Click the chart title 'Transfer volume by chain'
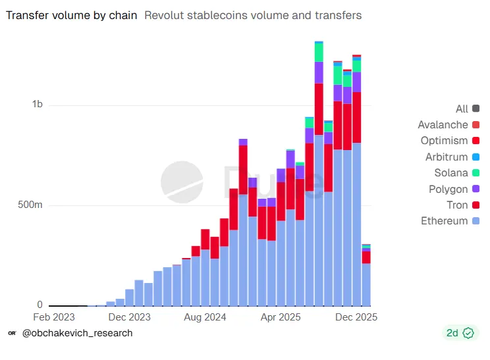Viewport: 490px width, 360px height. (x=72, y=15)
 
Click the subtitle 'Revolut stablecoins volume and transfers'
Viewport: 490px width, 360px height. (x=252, y=15)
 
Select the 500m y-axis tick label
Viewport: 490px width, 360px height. (x=30, y=205)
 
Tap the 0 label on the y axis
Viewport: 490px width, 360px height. (x=40, y=305)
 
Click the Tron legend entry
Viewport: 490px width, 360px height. (x=457, y=205)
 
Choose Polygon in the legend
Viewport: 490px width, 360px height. (x=449, y=189)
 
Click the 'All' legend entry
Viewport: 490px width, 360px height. (x=462, y=109)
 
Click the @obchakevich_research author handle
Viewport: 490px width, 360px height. (x=77, y=333)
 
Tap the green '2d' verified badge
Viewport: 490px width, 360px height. (x=460, y=333)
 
